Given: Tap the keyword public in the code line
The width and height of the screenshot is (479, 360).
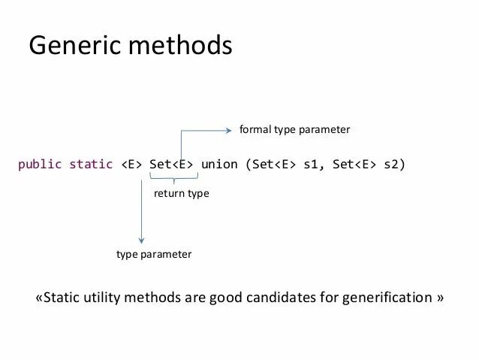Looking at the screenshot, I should pos(40,164).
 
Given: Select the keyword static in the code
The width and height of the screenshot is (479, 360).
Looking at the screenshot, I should pos(91,164).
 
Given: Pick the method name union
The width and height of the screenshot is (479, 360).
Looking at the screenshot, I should pos(219,164).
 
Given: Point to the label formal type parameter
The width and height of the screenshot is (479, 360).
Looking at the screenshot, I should pos(294,130).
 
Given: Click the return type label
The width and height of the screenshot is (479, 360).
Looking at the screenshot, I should pos(181,194).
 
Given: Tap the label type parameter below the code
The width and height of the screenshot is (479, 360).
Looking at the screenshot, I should pos(154,255).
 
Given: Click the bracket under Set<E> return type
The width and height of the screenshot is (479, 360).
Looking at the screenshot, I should pos(173,179).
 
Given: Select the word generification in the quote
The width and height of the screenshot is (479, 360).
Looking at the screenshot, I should pos(387,298).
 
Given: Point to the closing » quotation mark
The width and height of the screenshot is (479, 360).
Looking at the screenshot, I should pos(439,298).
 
